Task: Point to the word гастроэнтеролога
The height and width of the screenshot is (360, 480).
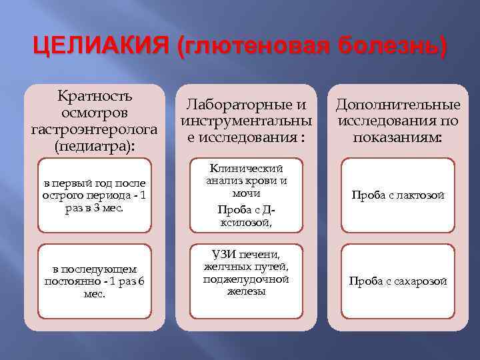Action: point(95,128)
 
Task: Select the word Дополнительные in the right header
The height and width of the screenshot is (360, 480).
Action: point(398,105)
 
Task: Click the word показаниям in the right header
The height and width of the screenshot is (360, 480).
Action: point(397,137)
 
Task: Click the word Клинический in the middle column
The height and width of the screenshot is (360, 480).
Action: point(247,169)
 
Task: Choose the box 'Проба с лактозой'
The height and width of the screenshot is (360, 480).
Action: point(398,195)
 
